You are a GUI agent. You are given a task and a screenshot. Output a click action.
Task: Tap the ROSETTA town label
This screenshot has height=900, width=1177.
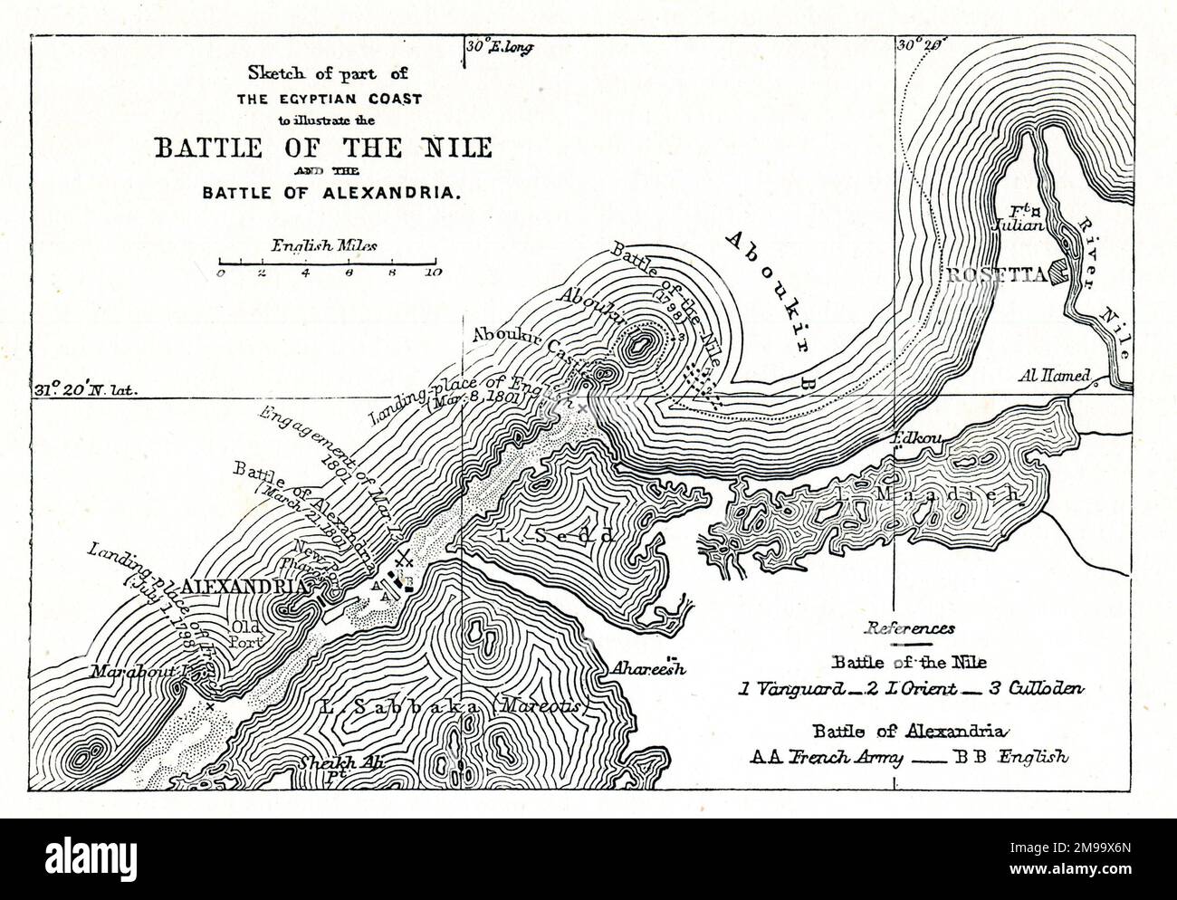(x=991, y=274)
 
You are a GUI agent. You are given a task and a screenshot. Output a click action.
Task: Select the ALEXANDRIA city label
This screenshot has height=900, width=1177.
(x=244, y=586)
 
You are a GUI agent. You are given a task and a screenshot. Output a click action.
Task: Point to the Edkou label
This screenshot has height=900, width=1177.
(x=917, y=439)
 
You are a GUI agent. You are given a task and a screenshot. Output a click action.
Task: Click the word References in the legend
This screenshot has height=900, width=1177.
(x=909, y=627)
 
